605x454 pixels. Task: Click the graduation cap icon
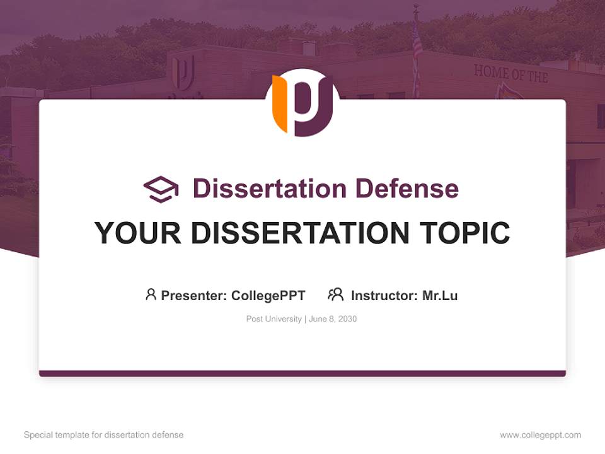pyautogui.click(x=161, y=189)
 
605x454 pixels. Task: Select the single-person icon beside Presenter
pyautogui.click(x=151, y=294)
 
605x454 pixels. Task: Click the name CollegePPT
pyautogui.click(x=268, y=295)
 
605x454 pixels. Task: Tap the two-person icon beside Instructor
pyautogui.click(x=335, y=294)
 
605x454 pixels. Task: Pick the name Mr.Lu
pyautogui.click(x=440, y=295)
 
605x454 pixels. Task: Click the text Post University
pyautogui.click(x=274, y=319)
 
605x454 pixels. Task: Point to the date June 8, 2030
pyautogui.click(x=333, y=319)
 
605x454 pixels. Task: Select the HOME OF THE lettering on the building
pyautogui.click(x=510, y=74)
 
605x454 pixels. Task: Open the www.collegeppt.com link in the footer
pyautogui.click(x=540, y=435)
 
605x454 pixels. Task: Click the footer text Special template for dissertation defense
pyautogui.click(x=104, y=435)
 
